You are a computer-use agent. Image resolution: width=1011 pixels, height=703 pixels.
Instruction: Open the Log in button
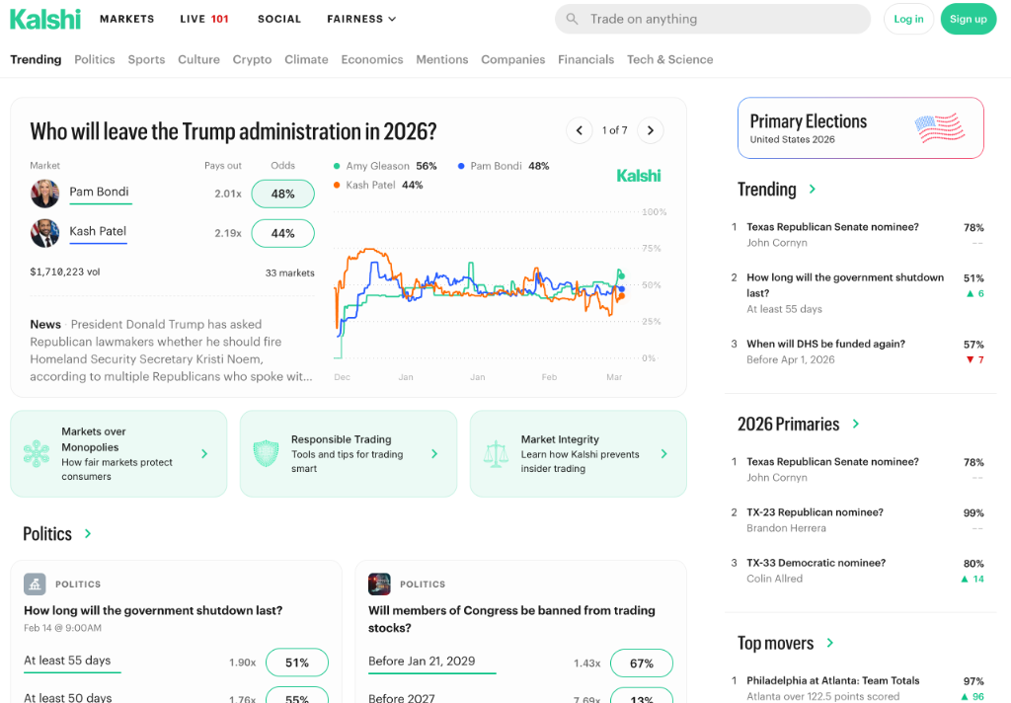pos(908,19)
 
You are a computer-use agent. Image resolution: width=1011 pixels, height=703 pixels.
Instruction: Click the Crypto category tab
pos(252,59)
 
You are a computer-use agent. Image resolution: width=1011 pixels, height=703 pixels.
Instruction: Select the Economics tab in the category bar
pos(372,59)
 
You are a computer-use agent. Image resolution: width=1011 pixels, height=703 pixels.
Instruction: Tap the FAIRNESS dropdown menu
pos(361,19)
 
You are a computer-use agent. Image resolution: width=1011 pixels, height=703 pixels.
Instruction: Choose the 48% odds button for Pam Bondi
pos(282,194)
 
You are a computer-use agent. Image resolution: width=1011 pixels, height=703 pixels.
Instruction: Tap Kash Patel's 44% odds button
pos(282,233)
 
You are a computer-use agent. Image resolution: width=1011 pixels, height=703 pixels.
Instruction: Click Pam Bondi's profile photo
pos(45,194)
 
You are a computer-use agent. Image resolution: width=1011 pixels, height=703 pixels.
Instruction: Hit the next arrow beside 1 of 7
pos(650,130)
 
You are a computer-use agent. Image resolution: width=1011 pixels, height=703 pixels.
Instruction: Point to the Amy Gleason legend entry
pos(385,166)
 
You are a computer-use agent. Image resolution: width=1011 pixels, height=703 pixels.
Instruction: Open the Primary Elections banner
pos(860,128)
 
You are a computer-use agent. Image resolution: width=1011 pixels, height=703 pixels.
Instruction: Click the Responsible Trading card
pos(348,454)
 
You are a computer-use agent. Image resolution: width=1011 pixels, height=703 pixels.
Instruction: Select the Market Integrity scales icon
pos(495,454)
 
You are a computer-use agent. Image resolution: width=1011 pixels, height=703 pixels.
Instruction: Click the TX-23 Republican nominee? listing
pos(815,512)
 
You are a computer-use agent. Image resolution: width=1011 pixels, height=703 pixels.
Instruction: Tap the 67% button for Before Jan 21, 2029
pos(641,664)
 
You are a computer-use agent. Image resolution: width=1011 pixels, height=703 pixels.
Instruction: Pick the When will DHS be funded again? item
pos(825,344)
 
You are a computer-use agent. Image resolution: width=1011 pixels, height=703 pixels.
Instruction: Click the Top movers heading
pos(776,644)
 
